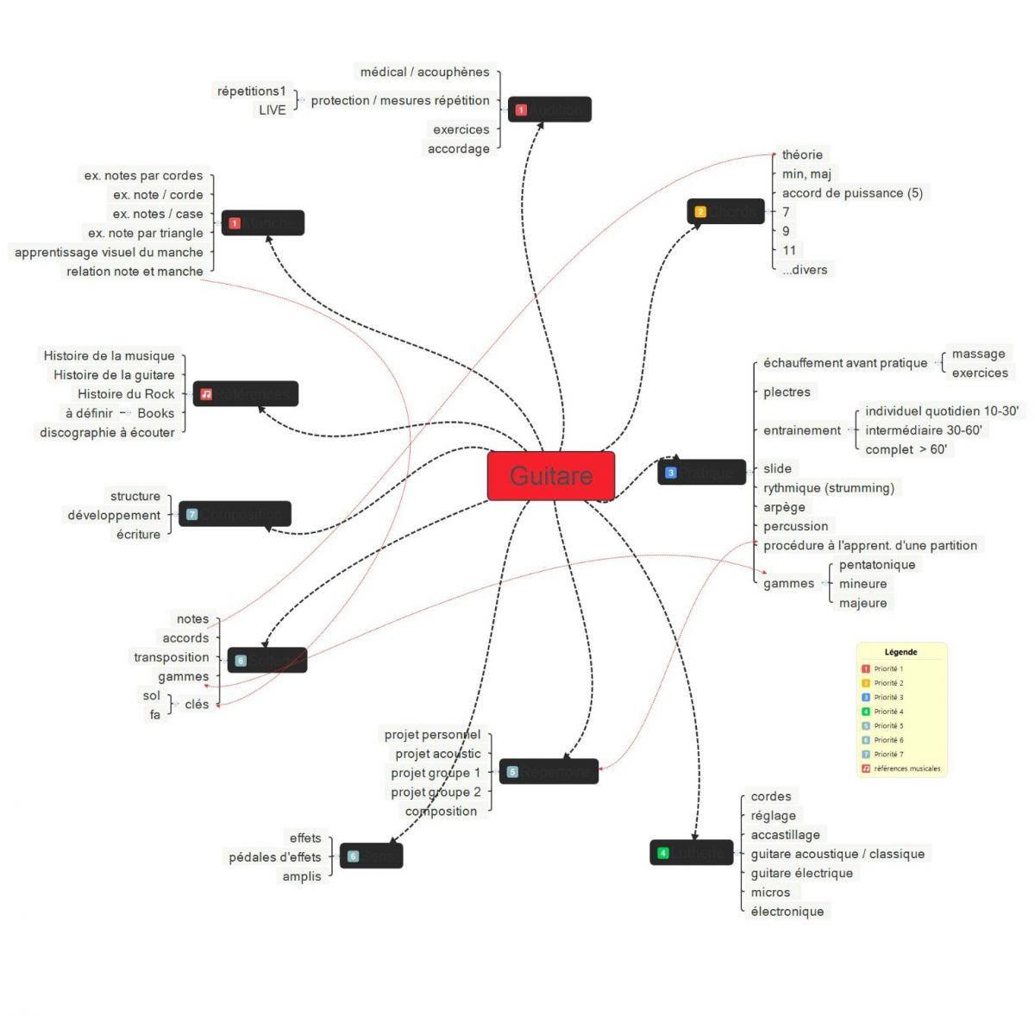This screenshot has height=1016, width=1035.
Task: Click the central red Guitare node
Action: coord(551,475)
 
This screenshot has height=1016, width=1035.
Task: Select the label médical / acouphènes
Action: coord(424,72)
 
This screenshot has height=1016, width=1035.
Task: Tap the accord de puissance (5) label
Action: coord(852,193)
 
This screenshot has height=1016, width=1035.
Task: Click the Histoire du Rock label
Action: coord(126,394)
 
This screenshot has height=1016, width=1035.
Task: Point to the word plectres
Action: coord(787,392)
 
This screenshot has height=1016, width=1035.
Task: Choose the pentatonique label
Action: coord(877,565)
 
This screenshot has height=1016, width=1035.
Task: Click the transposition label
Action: coord(171,657)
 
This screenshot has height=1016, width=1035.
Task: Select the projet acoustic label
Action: coord(438,754)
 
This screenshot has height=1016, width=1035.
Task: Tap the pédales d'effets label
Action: coord(274,857)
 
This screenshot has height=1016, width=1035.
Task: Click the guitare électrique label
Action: coord(801,873)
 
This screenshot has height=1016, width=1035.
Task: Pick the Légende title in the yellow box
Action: coord(900,652)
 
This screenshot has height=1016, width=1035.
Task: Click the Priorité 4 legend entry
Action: coord(888,712)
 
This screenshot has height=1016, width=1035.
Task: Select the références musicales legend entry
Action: coord(906,768)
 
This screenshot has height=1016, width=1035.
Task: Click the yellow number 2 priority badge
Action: coord(700,211)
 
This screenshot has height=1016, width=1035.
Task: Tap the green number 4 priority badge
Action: coord(663,853)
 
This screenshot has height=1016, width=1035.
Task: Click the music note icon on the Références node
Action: coord(206,394)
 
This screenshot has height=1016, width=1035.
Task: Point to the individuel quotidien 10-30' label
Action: coord(942,411)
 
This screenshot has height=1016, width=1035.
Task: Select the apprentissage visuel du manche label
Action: coord(109,253)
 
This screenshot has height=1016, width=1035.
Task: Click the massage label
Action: coord(978,354)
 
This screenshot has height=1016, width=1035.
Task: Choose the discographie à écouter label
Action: coord(107,433)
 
